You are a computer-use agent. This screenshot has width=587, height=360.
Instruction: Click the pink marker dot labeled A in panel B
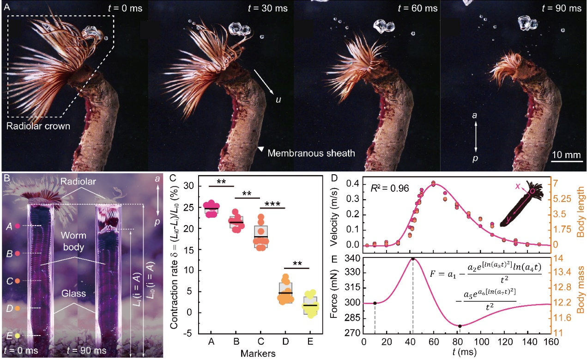point(17,226)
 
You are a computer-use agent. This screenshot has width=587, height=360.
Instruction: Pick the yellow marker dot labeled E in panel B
point(17,336)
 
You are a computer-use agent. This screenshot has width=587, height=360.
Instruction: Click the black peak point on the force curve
point(412,259)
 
